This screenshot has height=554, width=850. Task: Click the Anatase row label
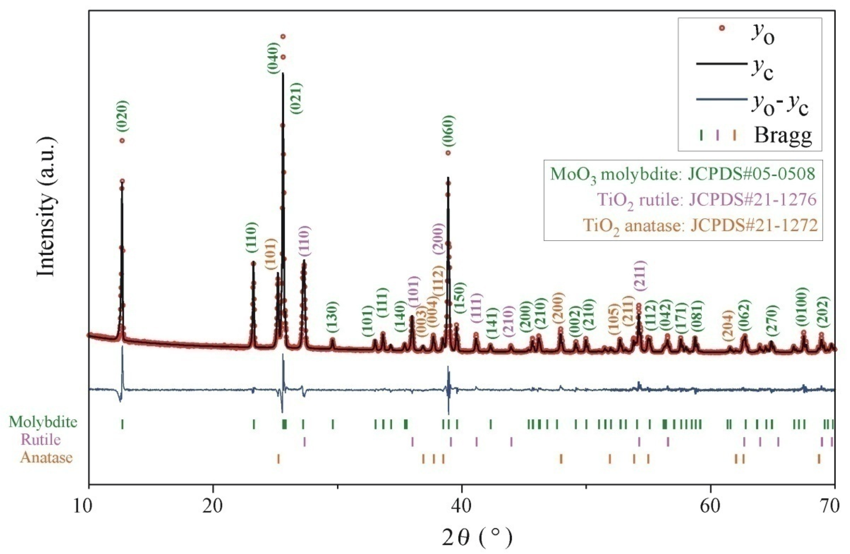coord(46,458)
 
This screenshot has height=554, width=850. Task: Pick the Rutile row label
coord(41,439)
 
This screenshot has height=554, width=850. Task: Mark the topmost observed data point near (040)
coord(283,36)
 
